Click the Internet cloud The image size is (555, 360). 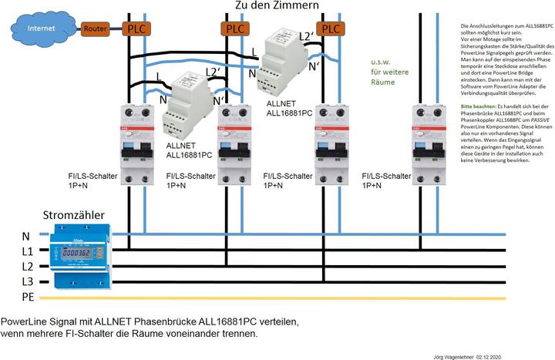[41, 29]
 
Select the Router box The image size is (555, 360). [96, 29]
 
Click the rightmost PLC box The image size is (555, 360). [331, 29]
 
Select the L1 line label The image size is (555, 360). [27, 251]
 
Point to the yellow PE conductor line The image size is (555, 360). [308, 298]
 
